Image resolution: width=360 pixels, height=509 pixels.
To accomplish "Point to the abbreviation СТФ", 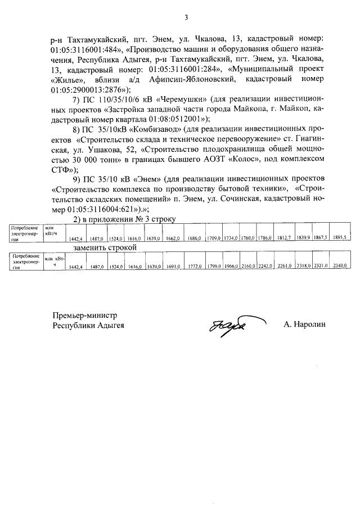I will click(60, 169).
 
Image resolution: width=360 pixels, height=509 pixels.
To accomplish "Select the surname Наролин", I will click(305, 324).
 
